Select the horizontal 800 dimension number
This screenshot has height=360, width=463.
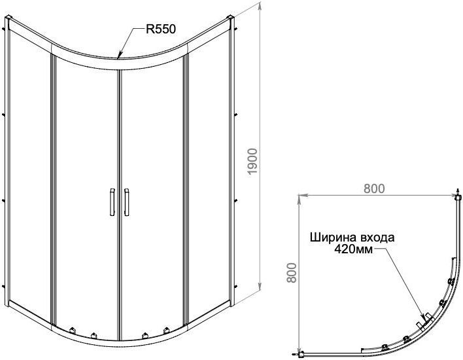pos(372,188)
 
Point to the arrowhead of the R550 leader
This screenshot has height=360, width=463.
pos(118,57)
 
